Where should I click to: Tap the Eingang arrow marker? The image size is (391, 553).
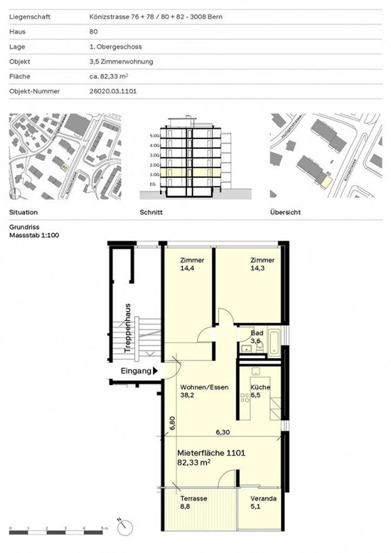[x=155, y=371]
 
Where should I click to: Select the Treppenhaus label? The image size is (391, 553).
[x=127, y=328]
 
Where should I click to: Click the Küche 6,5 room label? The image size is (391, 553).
[x=260, y=391]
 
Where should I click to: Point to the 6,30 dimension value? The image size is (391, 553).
[x=223, y=432]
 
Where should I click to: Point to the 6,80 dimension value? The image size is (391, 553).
[x=172, y=423]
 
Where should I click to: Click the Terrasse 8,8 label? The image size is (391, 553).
[x=194, y=502]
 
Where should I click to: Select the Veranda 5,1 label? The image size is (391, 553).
[x=263, y=502]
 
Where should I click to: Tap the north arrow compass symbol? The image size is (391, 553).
[x=125, y=528]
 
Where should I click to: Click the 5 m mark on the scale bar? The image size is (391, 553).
[x=103, y=528]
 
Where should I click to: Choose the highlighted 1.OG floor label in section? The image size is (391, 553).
[x=154, y=174]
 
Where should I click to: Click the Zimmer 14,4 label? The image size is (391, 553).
[x=192, y=264]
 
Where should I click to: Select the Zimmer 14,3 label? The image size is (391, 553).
[x=262, y=264]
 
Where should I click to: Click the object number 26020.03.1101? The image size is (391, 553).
[x=113, y=91]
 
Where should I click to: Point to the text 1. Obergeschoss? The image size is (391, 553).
[x=116, y=47]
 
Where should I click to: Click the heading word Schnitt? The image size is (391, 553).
[x=151, y=212]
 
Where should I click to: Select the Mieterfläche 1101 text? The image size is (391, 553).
[x=211, y=453]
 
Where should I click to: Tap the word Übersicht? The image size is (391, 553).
[x=285, y=212]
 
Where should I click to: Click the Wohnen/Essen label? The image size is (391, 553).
[x=204, y=387]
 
